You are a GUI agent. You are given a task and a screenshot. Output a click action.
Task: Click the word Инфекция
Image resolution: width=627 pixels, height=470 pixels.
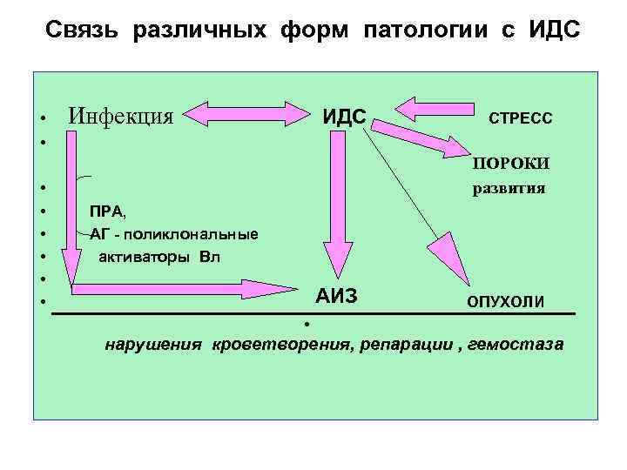pyautogui.click(x=121, y=116)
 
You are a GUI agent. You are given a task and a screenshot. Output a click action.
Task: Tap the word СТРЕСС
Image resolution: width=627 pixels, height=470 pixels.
pyautogui.click(x=520, y=117)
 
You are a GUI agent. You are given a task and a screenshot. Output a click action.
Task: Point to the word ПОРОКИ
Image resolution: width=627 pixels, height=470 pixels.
pyautogui.click(x=511, y=163)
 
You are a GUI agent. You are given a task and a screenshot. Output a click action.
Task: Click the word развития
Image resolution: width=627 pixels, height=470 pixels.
pyautogui.click(x=509, y=187)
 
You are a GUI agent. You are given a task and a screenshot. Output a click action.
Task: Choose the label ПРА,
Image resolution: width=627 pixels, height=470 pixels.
pyautogui.click(x=107, y=211)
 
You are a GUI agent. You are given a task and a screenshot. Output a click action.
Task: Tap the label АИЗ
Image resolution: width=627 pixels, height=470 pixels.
pyautogui.click(x=336, y=296)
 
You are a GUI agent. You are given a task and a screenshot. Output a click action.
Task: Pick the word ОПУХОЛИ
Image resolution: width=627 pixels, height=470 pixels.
pyautogui.click(x=506, y=301)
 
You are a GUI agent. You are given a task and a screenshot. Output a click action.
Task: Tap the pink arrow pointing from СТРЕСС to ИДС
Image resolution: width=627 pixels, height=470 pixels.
pyautogui.click(x=430, y=111)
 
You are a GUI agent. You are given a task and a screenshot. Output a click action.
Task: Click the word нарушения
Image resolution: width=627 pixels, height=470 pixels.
pyautogui.click(x=152, y=345)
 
